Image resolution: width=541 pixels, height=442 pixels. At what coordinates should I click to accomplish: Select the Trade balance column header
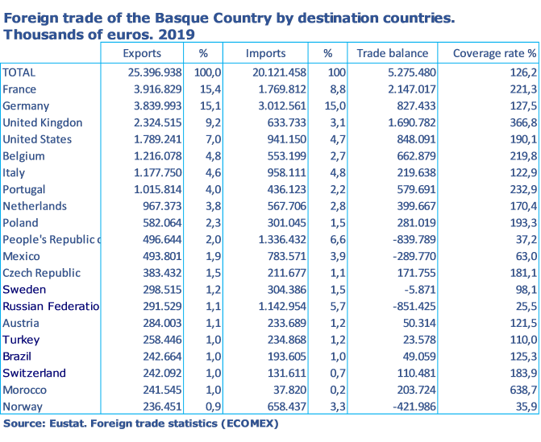393,54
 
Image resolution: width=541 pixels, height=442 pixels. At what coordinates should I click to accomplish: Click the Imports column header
265,54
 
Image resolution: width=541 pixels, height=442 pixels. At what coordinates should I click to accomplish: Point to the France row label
19,89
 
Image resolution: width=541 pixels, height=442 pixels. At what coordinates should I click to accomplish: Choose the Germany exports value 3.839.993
150,106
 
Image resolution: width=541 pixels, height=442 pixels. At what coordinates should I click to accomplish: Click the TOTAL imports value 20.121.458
273,72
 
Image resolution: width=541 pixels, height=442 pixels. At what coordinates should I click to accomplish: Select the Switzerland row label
34,374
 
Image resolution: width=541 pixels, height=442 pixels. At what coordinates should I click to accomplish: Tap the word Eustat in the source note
69,423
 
